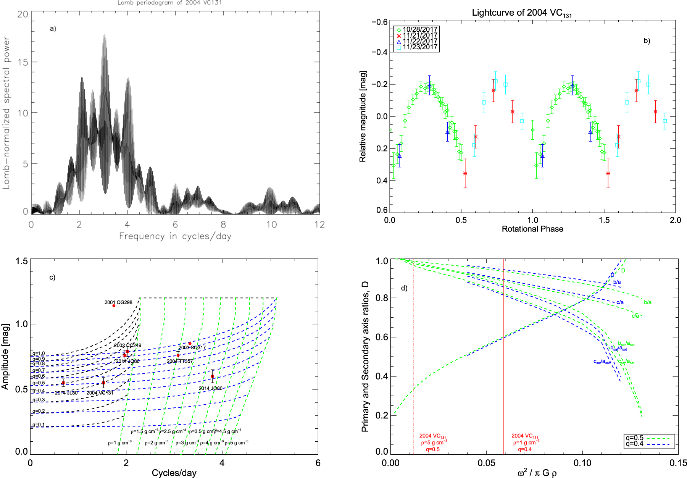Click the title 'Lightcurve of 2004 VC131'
521,13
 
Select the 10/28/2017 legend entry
420,29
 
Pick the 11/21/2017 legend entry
420,35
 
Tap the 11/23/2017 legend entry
420,47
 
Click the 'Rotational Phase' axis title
532,229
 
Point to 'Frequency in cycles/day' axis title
175,236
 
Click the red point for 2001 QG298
114,306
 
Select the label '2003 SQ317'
192,348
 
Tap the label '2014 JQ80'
210,388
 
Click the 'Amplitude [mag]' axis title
5,357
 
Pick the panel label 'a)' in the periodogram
53,29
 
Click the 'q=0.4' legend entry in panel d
634,444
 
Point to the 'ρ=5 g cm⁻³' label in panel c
236,442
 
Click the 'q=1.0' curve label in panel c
39,354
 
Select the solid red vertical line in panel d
504,344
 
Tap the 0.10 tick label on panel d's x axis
582,463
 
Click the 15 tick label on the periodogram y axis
23,62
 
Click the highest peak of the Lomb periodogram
104,35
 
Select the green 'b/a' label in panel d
648,302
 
